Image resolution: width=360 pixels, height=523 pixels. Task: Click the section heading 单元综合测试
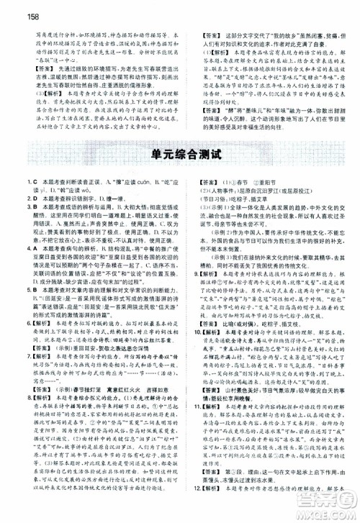tap(179, 174)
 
